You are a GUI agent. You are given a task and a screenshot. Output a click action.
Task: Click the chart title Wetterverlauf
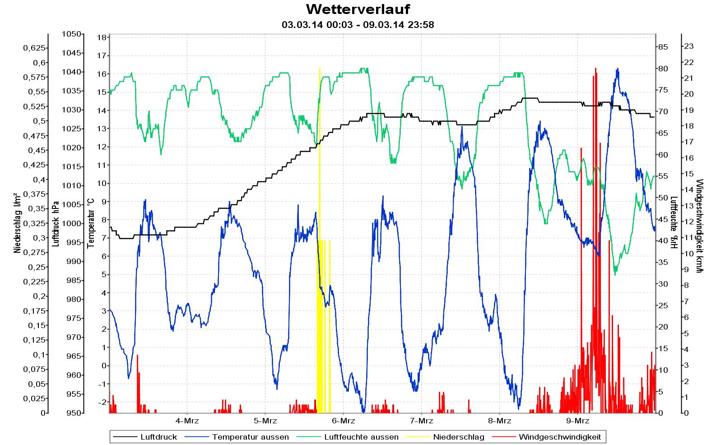coord(358,9)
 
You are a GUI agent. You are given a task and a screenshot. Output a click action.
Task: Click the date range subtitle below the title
coord(358,25)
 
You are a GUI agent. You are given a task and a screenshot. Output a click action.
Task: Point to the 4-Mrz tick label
coord(187,421)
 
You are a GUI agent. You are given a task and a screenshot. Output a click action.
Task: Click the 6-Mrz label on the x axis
coord(344,421)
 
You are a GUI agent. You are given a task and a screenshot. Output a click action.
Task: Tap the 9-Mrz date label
coord(578,421)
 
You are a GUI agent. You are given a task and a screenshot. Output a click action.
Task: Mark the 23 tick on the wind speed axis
coord(689,46)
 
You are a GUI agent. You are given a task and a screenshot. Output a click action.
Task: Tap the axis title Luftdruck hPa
coord(56,223)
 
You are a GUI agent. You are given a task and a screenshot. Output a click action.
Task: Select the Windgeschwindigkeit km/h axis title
coord(699,226)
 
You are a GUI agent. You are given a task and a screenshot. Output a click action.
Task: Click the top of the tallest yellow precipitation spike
coord(320,68)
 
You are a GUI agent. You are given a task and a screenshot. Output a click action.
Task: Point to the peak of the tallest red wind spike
coord(595,69)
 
